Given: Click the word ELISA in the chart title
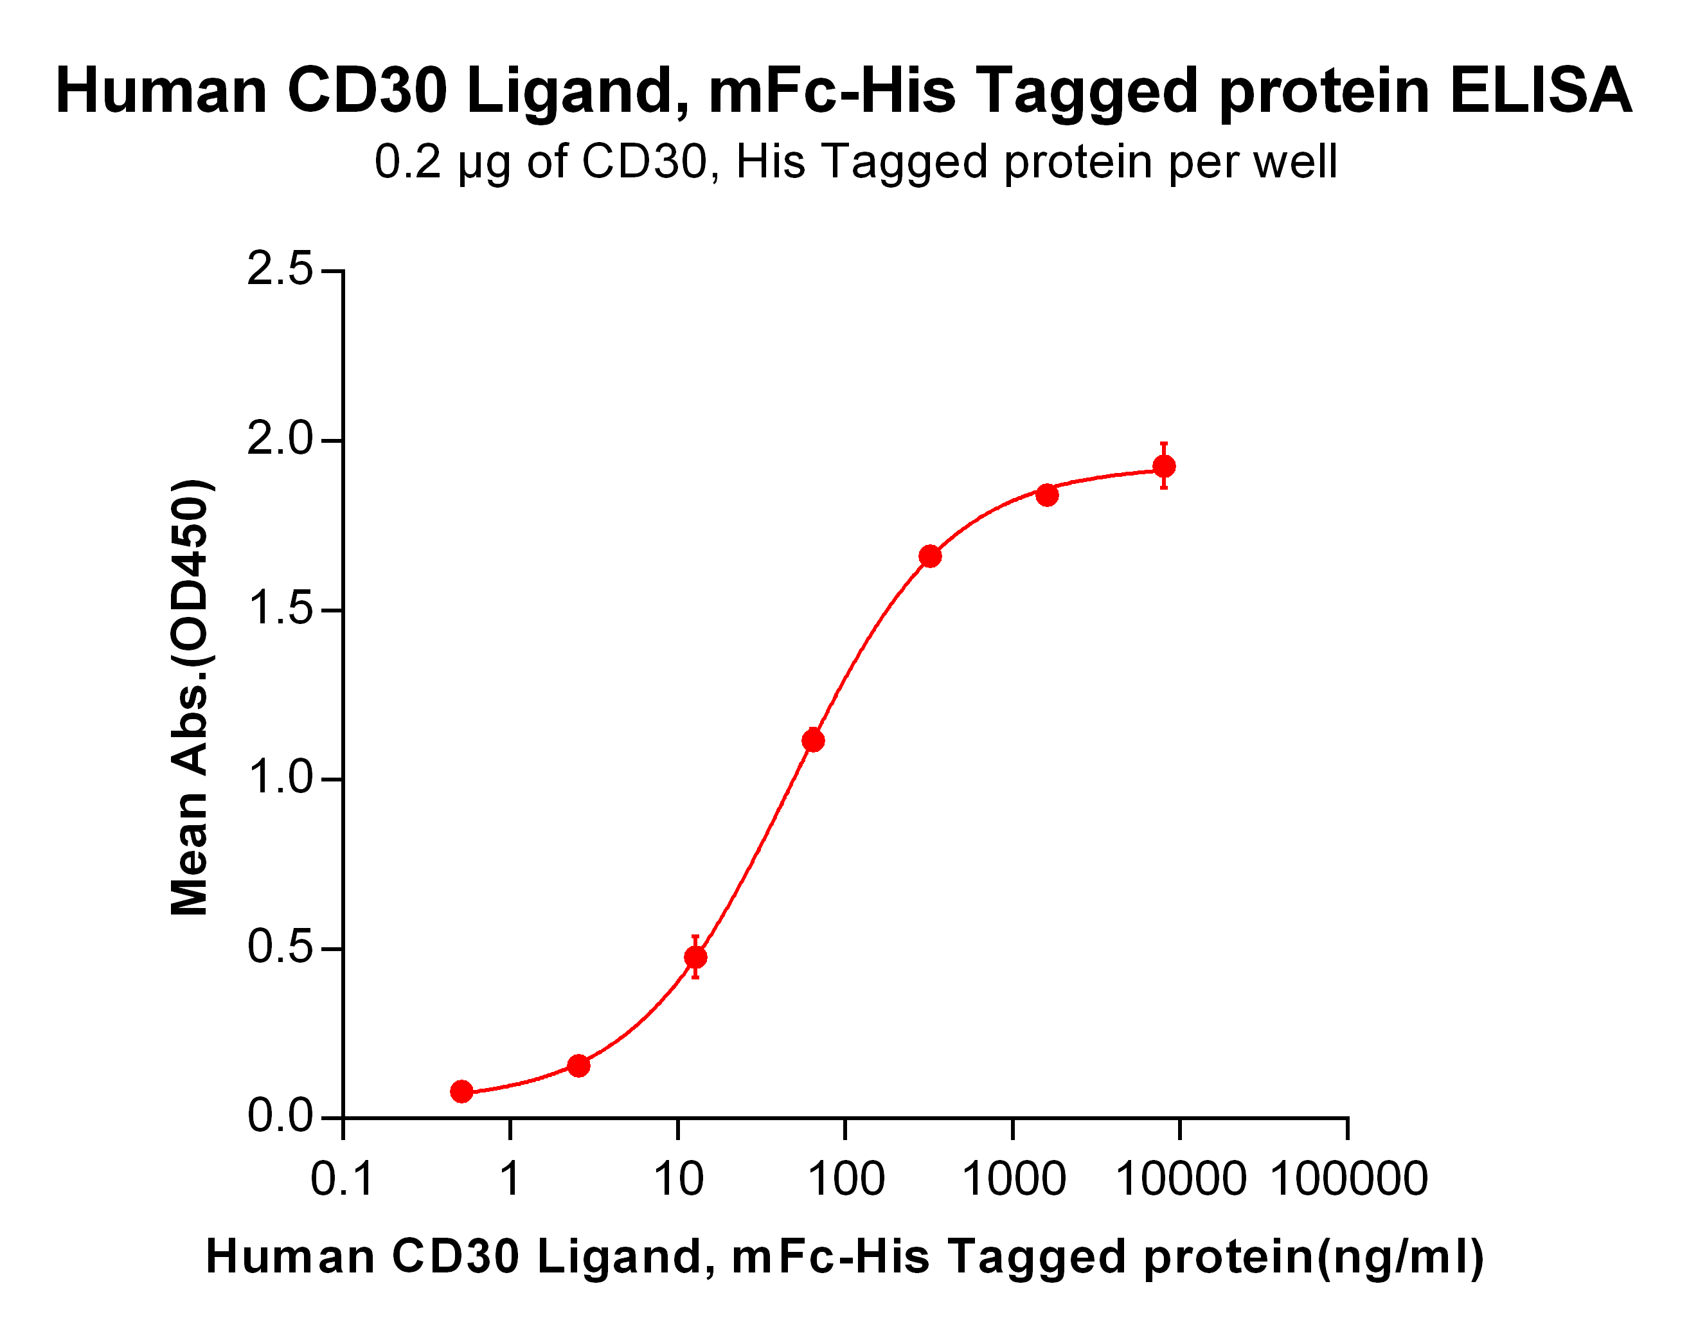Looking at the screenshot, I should [1540, 91].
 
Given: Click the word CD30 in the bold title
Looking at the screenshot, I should [368, 91].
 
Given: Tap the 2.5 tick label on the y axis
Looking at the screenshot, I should [280, 271].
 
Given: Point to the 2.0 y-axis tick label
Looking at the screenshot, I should [280, 440].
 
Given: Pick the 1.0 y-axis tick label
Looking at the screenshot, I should [280, 779].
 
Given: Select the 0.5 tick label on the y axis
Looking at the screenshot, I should [280, 948].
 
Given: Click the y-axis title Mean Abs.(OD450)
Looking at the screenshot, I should [190, 697].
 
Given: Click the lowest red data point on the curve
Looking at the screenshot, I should [462, 1091].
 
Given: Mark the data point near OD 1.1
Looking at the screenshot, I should [813, 740].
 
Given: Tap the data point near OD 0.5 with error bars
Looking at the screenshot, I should [695, 958].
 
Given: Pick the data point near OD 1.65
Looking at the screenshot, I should [930, 556].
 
